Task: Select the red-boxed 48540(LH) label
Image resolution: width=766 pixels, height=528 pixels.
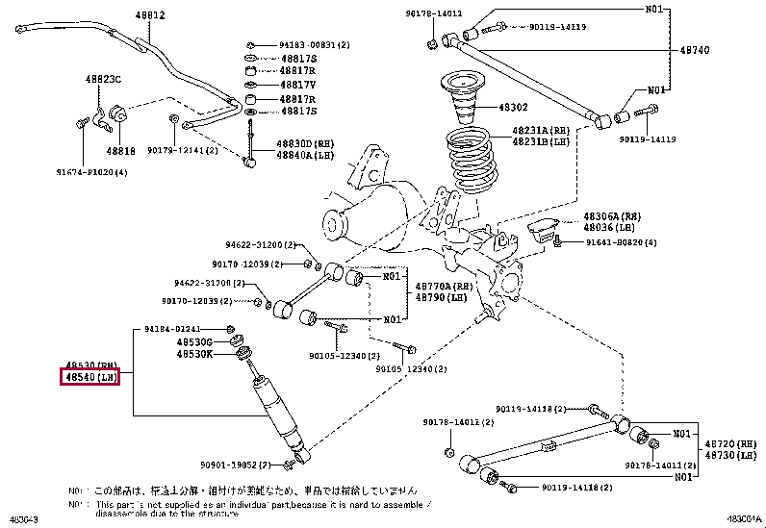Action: tap(92, 378)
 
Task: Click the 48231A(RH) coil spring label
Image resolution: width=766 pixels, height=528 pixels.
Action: tap(540, 130)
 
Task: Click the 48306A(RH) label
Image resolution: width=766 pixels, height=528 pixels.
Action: tap(609, 217)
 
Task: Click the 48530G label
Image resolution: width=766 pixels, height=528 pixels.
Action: tap(195, 341)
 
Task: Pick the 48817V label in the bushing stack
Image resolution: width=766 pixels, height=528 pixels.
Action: tap(297, 85)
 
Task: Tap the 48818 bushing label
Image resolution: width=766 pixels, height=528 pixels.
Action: tap(120, 151)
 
